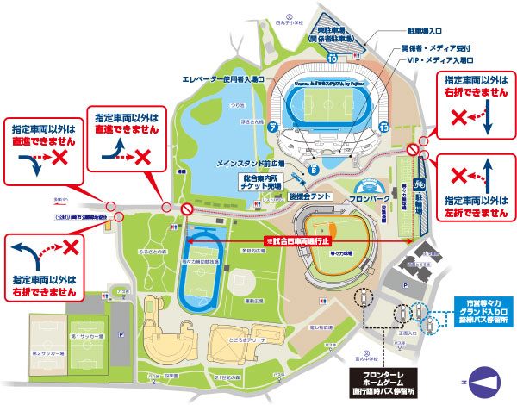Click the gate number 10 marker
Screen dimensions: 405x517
[x=333, y=59]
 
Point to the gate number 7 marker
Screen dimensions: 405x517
[x=271, y=127]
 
